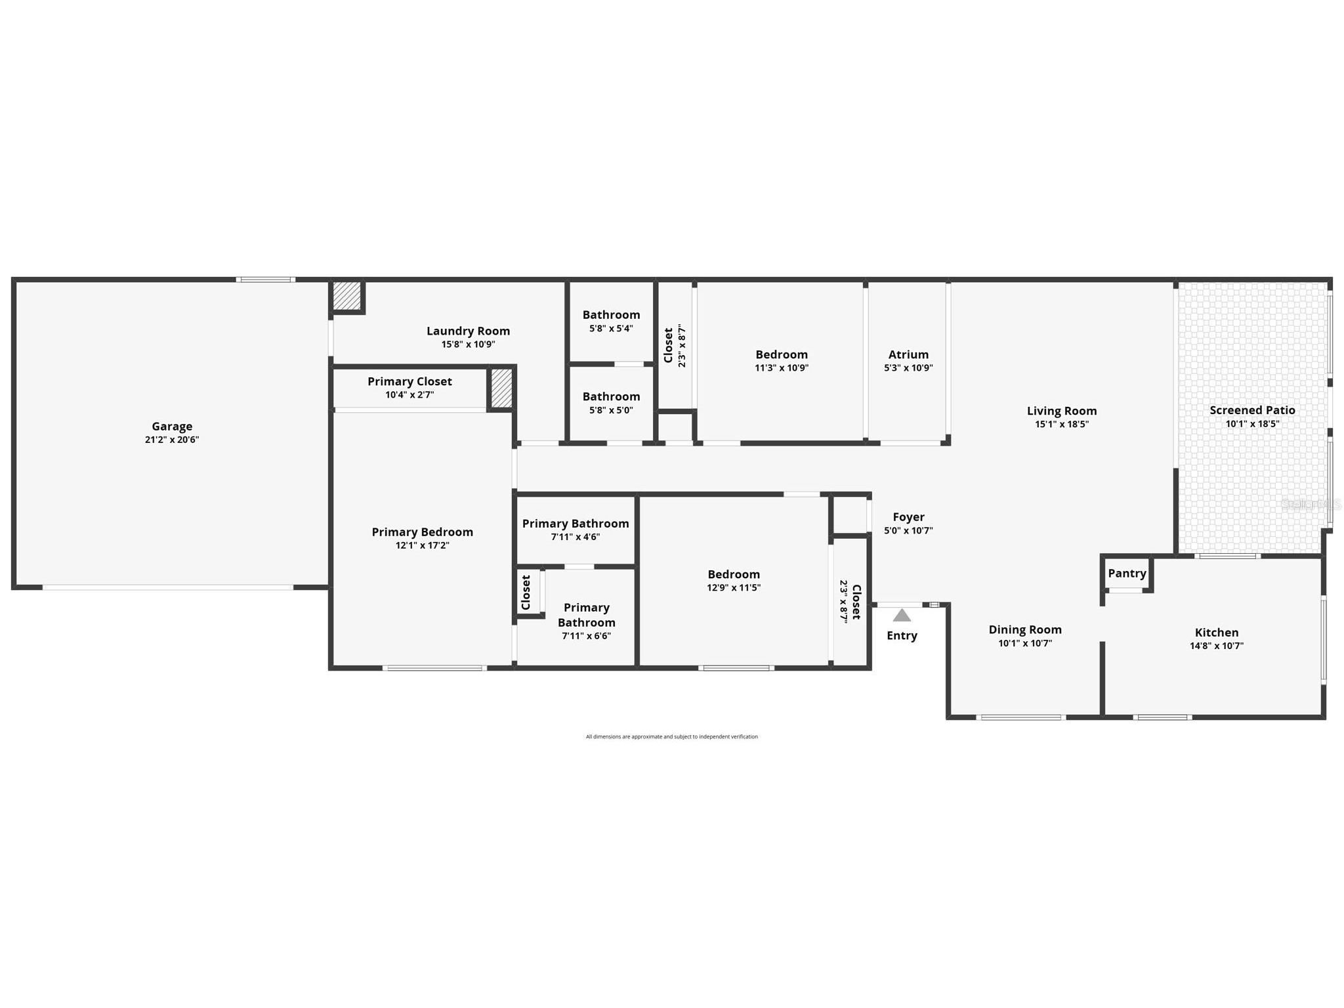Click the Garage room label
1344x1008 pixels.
172,426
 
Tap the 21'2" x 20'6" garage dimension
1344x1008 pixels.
172,440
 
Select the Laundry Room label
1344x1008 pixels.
468,331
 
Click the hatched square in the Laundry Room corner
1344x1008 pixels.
346,296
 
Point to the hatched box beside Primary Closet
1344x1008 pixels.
501,388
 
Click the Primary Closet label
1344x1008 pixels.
409,381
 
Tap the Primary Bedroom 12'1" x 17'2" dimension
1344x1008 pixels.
422,545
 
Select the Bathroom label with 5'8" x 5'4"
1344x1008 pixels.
611,314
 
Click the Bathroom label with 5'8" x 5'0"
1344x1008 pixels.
611,396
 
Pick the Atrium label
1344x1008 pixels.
908,354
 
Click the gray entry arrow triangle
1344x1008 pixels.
902,616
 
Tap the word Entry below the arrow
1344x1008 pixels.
902,635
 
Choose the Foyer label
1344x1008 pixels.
908,517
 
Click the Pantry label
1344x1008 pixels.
1127,573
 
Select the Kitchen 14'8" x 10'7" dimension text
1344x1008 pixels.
1217,646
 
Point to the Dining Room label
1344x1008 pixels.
1025,629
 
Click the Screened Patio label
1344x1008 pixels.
1252,410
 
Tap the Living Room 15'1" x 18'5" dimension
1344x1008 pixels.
1062,425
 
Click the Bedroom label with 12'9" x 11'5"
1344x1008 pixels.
733,574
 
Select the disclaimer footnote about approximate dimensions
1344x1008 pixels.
671,736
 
